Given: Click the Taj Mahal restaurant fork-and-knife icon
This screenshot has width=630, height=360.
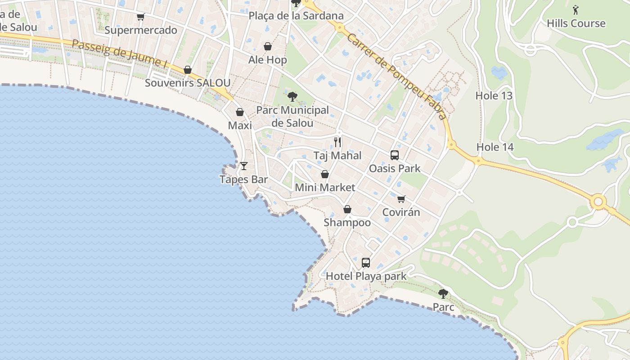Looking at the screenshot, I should pyautogui.click(x=337, y=142).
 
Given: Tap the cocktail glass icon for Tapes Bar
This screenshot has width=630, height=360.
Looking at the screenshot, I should pyautogui.click(x=244, y=166).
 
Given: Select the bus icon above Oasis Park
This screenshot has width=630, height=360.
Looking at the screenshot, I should pyautogui.click(x=395, y=155).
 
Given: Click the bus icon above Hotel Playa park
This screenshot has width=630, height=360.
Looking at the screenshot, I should pyautogui.click(x=366, y=262).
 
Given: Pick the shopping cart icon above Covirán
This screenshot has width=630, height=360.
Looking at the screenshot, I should pyautogui.click(x=401, y=199).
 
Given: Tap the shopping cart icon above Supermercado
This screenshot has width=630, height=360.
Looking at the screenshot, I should pyautogui.click(x=141, y=17).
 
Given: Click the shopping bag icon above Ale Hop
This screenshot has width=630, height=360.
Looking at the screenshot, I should pyautogui.click(x=268, y=46).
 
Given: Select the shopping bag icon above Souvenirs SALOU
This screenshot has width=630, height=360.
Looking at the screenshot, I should pyautogui.click(x=188, y=70).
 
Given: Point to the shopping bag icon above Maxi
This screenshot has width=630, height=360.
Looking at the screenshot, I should pyautogui.click(x=240, y=112).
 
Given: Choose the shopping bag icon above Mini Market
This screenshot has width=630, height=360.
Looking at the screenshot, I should pyautogui.click(x=325, y=174).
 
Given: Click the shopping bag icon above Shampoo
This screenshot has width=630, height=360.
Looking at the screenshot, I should pyautogui.click(x=347, y=209).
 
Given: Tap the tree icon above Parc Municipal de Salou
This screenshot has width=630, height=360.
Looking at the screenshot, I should pyautogui.click(x=292, y=96).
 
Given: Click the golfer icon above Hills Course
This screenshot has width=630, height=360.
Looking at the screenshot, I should pyautogui.click(x=576, y=9).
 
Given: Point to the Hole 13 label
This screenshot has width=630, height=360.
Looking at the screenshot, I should pyautogui.click(x=494, y=95).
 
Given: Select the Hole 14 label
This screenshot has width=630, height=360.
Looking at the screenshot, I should pyautogui.click(x=495, y=147).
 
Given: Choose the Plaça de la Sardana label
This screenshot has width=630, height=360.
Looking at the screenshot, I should pyautogui.click(x=296, y=16).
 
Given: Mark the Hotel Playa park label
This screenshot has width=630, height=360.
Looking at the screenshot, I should pyautogui.click(x=366, y=276).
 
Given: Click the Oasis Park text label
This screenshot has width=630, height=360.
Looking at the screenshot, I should pyautogui.click(x=395, y=168).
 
